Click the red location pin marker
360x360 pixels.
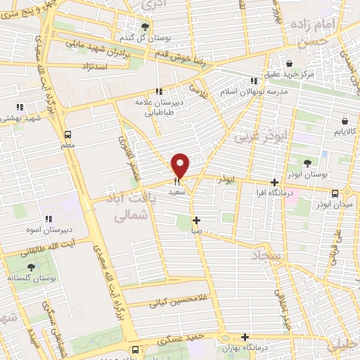coord(181,165)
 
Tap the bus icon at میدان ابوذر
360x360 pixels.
coord(335,193)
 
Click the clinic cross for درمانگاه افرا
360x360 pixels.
coord(274,183)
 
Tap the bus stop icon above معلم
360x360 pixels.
coord(67,134)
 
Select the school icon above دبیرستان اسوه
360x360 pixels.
coord(49,219)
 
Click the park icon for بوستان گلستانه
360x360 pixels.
coord(31,267)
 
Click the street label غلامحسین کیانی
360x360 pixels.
coord(177,303)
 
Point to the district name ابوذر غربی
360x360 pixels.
coord(261,134)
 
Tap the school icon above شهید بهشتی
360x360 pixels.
coord(20,107)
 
